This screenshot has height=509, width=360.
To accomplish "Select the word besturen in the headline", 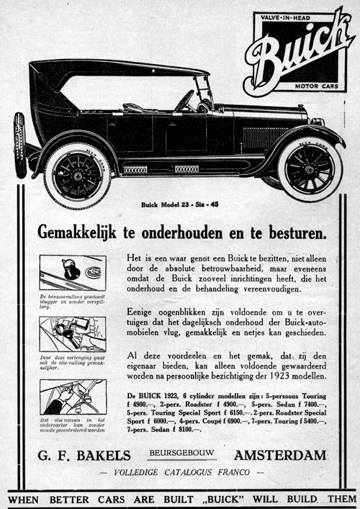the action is pyautogui.click(x=294, y=234).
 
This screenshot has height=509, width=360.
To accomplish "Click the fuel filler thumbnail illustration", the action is pyautogui.click(x=72, y=273).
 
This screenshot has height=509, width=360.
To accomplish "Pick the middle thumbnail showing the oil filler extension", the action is pyautogui.click(x=72, y=333).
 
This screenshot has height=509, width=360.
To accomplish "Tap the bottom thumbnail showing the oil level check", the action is pyautogui.click(x=72, y=396).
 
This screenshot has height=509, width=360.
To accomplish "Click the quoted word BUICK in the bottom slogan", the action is pyautogui.click(x=217, y=497).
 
